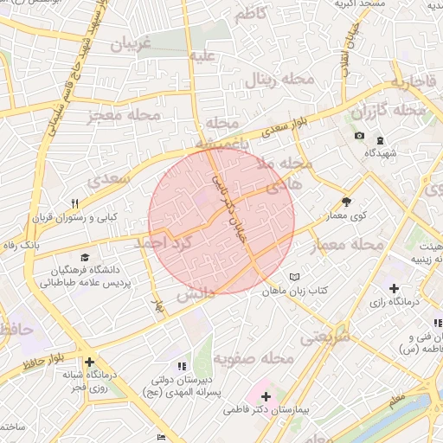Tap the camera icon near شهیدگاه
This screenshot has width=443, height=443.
click(359, 136)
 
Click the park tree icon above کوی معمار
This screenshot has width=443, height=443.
click(346, 199)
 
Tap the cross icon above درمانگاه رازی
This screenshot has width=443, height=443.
click(395, 287)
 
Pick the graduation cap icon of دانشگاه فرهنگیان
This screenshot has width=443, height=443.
click(85, 257)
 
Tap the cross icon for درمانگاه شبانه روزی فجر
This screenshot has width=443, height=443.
click(88, 363)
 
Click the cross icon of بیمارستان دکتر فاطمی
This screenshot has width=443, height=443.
click(266, 397)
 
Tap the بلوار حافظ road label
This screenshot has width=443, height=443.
click(35, 349)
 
